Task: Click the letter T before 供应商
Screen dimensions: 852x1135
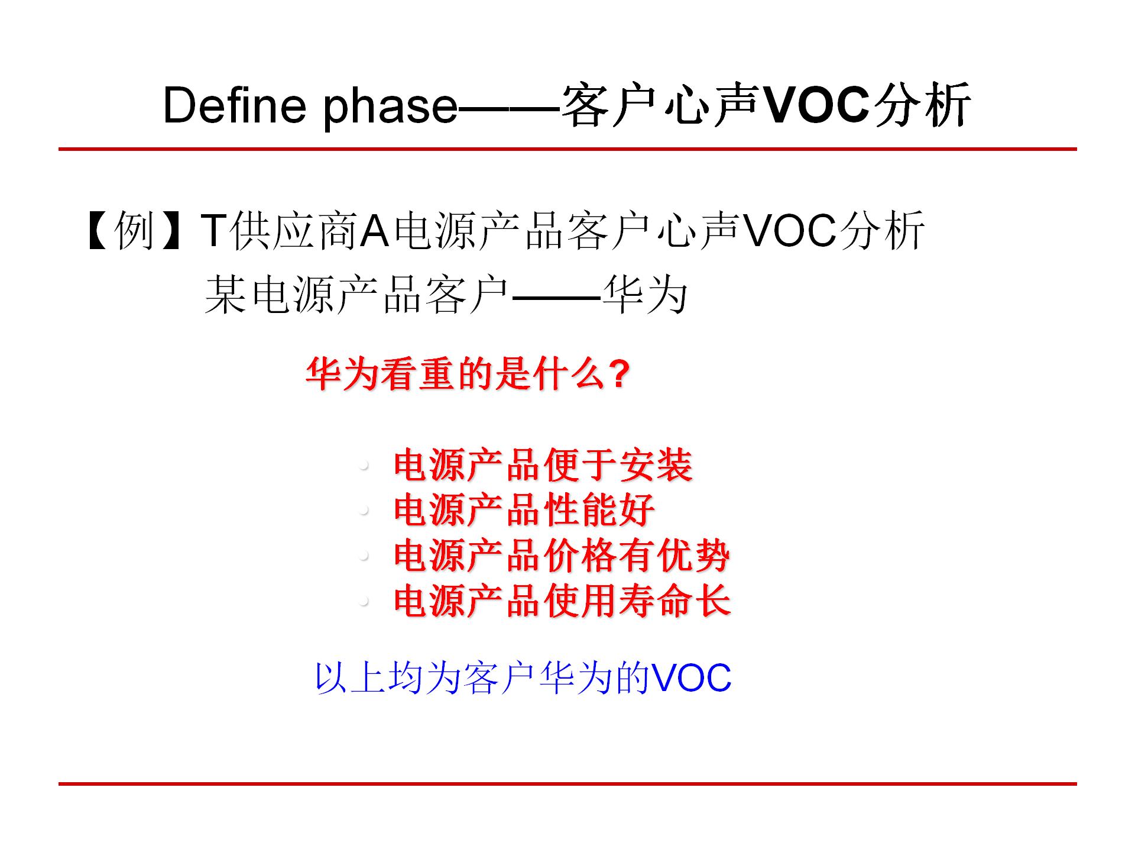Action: click(213, 231)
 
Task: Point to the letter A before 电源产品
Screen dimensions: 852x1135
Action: click(374, 231)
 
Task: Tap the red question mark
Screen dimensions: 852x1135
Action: click(618, 374)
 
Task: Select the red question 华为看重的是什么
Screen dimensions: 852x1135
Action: click(455, 374)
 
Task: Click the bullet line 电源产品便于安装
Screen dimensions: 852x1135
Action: click(543, 465)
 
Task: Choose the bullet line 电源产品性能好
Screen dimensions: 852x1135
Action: click(524, 510)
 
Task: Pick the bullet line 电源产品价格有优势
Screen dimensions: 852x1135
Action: click(562, 556)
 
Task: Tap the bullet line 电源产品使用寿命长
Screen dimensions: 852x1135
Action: click(562, 601)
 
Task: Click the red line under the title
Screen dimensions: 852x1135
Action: click(567, 149)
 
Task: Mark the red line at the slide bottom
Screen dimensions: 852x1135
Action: click(567, 784)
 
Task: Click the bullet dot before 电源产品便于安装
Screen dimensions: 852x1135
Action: click(364, 466)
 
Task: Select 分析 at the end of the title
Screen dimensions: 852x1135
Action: click(923, 106)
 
